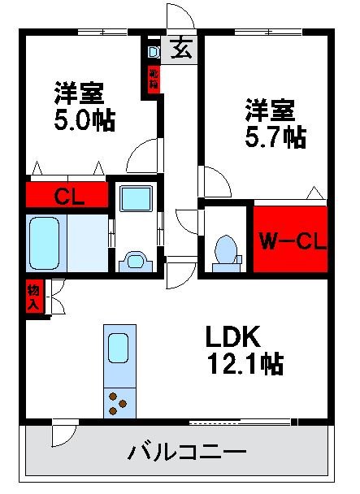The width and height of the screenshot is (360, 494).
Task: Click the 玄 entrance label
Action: (182, 50)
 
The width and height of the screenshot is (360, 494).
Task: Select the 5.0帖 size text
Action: (85, 120)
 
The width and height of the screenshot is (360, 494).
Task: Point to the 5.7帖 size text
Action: (275, 136)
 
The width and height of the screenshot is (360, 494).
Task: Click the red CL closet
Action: (67, 195)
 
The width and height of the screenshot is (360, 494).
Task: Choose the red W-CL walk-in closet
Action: (289, 240)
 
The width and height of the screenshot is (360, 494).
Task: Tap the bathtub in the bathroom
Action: (47, 242)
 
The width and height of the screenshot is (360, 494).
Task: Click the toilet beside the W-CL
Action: (225, 251)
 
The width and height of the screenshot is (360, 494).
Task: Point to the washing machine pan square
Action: (134, 201)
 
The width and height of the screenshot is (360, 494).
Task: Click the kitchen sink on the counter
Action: (118, 349)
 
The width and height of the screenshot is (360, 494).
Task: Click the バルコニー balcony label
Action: (186, 451)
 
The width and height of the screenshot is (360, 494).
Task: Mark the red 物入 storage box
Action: (33, 297)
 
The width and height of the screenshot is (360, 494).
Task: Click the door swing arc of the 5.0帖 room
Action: (143, 154)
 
